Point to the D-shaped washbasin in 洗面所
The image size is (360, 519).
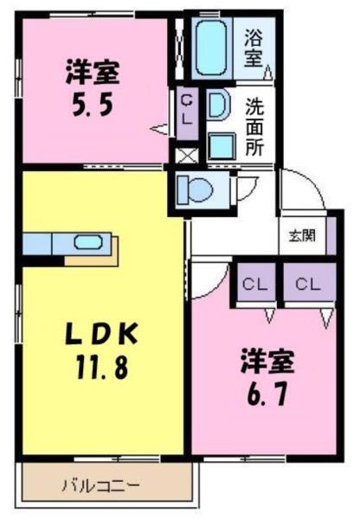click(x=218, y=106)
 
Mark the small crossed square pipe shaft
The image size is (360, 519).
click(x=184, y=157)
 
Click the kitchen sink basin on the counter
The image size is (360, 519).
click(x=87, y=243)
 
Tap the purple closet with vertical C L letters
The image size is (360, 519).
click(x=187, y=111)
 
